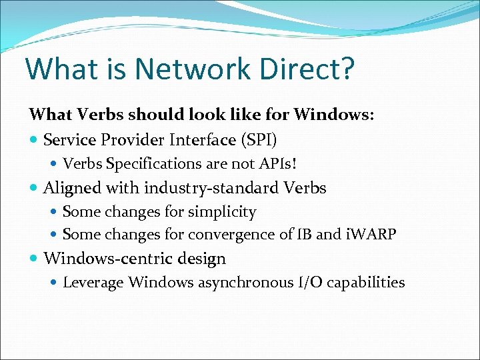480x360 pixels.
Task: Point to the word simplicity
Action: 224,212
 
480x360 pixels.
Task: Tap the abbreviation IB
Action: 303,235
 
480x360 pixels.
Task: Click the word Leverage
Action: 93,283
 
